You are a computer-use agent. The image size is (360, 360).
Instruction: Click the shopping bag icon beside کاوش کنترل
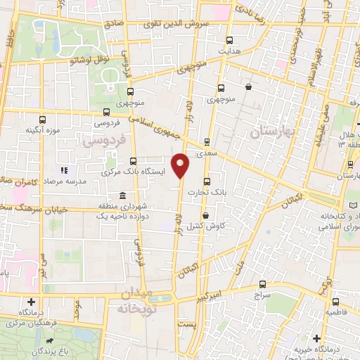tap(205, 216)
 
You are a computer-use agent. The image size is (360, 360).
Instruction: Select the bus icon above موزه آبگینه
tap(43, 120)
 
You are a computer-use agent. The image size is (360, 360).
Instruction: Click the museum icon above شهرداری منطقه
tap(123, 195)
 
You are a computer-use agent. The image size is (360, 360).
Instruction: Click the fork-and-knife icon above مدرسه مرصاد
tap(65, 169)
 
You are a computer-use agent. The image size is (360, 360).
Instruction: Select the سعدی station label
tap(207, 152)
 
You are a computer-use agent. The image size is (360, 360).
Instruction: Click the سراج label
tap(263, 297)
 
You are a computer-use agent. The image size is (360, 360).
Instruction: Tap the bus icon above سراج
tap(263, 285)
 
